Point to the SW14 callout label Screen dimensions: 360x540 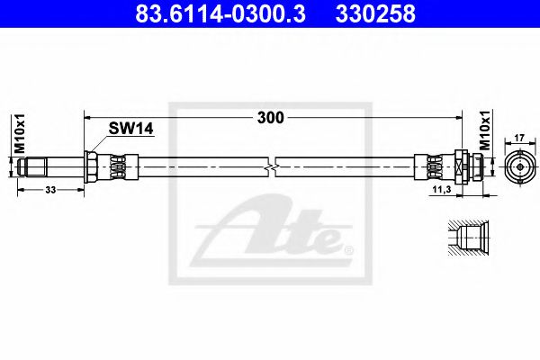132,129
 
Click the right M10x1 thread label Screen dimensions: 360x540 483,130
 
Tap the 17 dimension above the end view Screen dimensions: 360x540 519,138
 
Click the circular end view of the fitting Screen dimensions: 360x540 519,166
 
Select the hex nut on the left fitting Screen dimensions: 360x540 91,166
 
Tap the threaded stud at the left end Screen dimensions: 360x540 40,166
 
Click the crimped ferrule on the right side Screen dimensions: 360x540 432,166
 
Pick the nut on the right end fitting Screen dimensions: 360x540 459,166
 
